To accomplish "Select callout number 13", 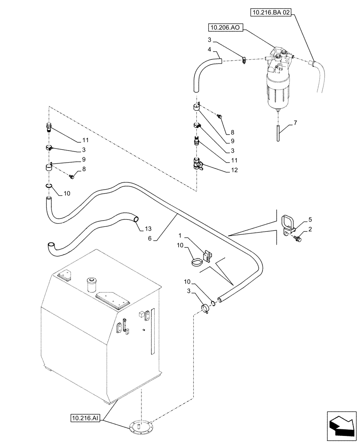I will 149,229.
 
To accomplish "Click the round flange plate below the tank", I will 141,428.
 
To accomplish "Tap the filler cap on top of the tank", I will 93,284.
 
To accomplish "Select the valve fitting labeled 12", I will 197,165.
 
